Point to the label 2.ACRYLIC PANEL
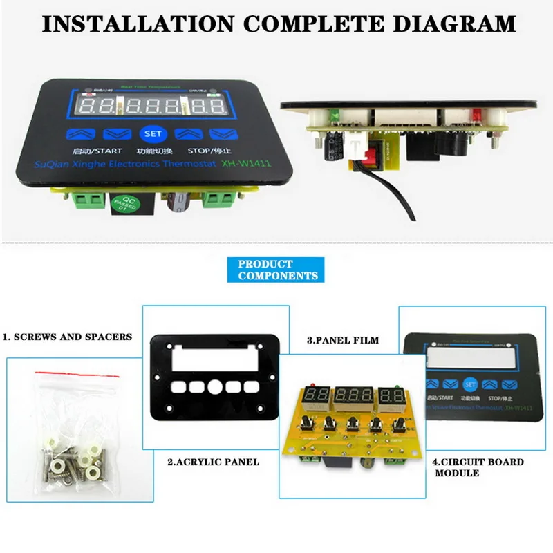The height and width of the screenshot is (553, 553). click(213, 461)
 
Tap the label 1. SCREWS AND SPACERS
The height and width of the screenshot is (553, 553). click(66, 337)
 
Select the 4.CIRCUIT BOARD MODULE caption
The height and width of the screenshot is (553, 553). click(478, 467)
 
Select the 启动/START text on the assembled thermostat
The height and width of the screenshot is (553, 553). click(93, 149)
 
